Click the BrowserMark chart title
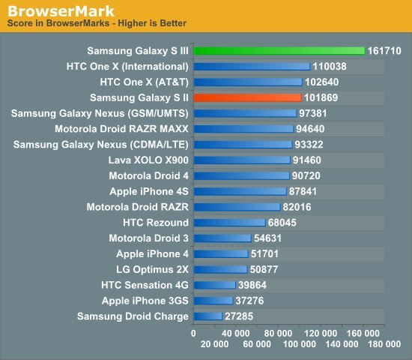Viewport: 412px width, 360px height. [x=61, y=11]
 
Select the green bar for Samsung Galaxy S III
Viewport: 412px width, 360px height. [x=279, y=51]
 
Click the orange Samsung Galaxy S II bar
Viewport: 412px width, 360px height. [x=247, y=97]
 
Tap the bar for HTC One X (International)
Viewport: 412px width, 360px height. [x=251, y=67]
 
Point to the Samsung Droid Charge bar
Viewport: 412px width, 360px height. [x=207, y=316]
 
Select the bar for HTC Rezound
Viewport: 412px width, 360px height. [x=229, y=223]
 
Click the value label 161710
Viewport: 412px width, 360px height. [x=386, y=51]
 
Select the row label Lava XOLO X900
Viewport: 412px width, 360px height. [x=148, y=160]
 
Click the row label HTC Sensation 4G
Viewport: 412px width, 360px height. [x=145, y=285]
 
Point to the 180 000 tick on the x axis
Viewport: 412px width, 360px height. [x=384, y=343]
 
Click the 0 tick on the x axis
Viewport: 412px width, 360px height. [x=193, y=331]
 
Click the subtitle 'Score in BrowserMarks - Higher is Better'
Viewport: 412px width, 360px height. [x=97, y=23]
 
